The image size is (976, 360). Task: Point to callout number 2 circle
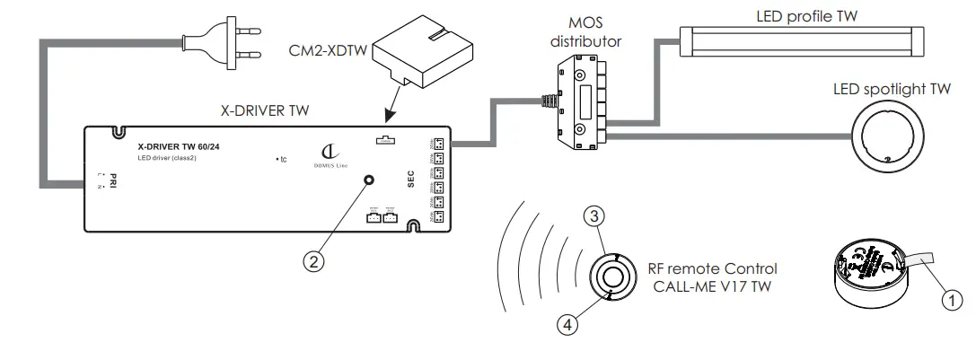[312, 261]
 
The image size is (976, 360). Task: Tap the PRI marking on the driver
[116, 179]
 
